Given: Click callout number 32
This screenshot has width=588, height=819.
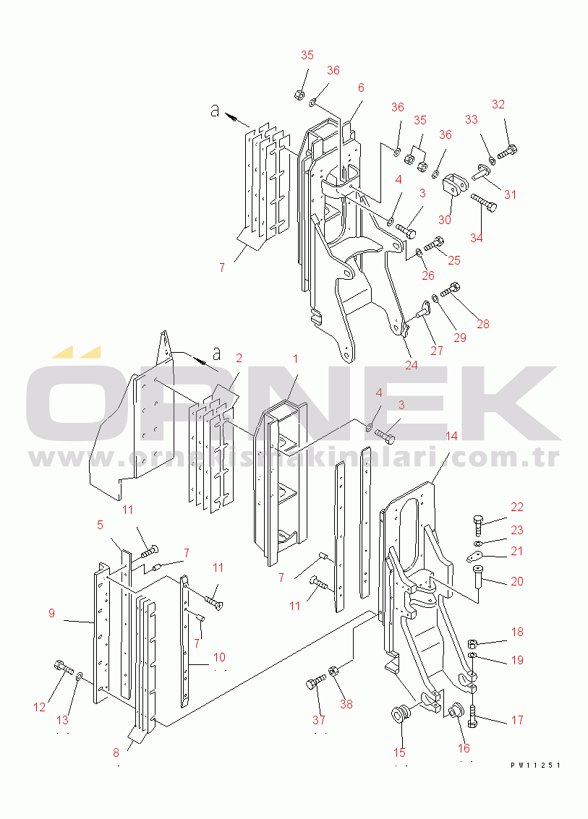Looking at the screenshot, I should point(498,104).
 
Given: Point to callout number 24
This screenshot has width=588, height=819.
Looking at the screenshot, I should point(411,365).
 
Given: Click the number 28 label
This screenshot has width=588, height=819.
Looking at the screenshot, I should point(482,324).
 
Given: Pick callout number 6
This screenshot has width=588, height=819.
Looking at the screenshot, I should point(361,87).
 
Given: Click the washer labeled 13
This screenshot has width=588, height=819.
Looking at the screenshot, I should point(80,677).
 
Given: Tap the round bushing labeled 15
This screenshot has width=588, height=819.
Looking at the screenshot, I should point(400,716).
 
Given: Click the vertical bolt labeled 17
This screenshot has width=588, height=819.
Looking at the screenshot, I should point(472,717).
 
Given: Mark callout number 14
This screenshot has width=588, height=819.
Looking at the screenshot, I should point(451,436).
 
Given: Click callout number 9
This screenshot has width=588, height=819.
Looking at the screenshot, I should point(52,614).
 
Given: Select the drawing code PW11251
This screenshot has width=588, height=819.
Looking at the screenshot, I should point(535,765).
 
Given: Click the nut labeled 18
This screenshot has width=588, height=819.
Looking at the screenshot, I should point(471,642).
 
